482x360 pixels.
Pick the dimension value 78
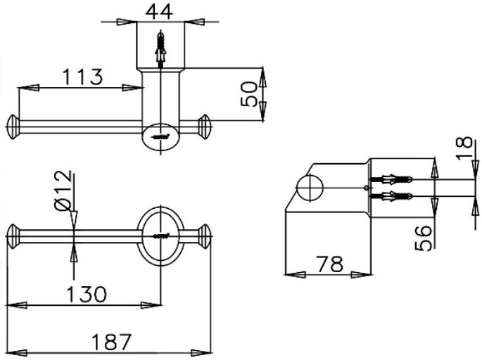click(327, 264)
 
